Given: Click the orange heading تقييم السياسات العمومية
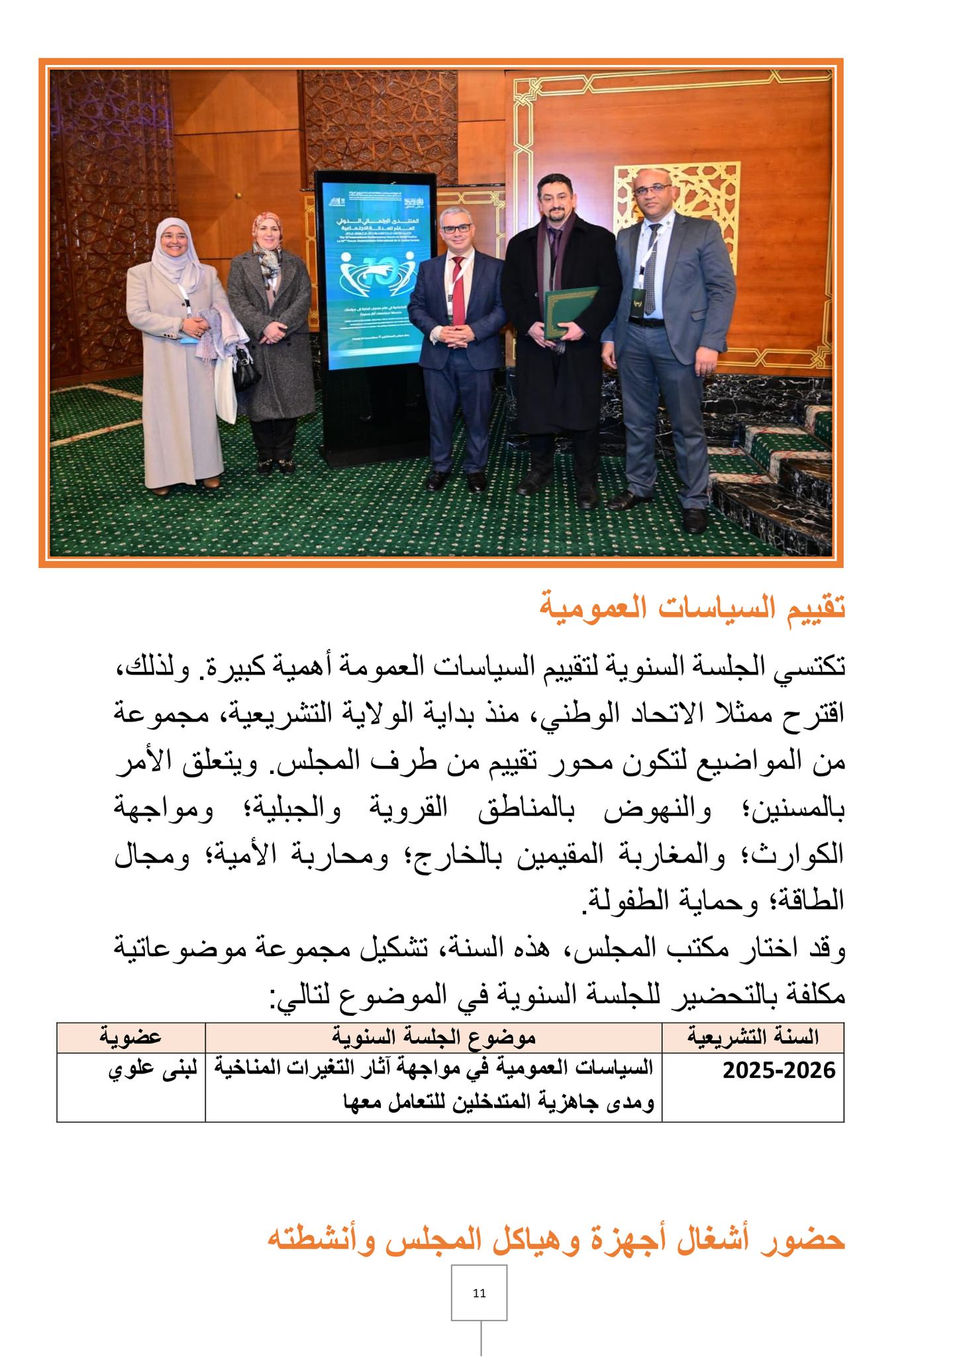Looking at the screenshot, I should pos(693,608).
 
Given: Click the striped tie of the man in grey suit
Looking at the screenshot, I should pos(650,272).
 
